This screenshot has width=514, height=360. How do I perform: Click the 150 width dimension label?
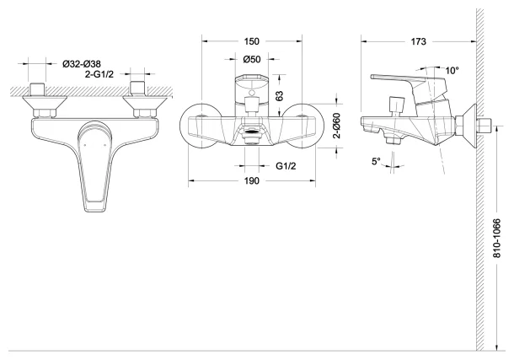251,41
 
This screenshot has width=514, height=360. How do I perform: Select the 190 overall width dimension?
251,181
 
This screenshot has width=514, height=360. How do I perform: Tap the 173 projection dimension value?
418,41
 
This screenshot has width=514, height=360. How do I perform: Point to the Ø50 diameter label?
252,59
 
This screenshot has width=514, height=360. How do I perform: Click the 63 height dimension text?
279,95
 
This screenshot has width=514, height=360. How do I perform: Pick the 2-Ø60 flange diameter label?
337,126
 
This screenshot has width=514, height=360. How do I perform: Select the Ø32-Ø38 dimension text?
82,63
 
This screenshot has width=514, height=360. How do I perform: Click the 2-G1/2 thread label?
99,74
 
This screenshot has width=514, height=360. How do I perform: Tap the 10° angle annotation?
452,71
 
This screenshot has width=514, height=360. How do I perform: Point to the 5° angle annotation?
376,161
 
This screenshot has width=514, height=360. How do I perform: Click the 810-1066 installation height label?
497,238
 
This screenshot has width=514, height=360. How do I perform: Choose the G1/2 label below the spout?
286,166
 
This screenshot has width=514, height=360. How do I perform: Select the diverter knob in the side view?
396,104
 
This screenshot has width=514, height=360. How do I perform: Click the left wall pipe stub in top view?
37,89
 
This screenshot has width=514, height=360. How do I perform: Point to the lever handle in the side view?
410,84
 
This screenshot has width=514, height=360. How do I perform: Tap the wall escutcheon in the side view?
468,126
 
